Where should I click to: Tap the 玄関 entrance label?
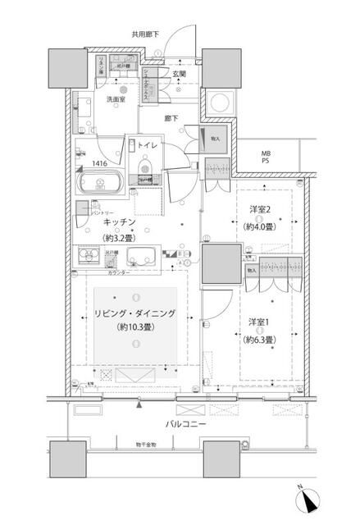pos(179,74)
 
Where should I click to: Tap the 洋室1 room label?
pos(260,322)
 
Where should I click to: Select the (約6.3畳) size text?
pos(260,338)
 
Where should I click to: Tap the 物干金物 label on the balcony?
pos(147,444)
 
